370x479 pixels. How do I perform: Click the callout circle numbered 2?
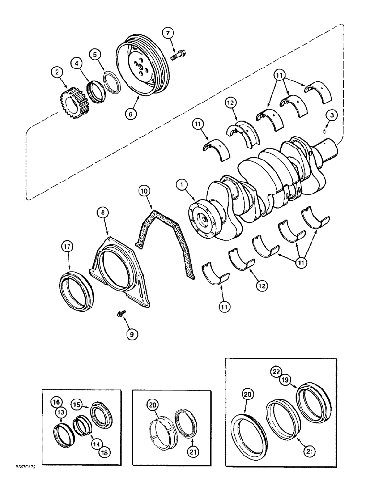coord(58,73)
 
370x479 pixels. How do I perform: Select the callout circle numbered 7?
coord(167,33)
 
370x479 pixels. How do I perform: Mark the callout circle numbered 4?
coord(78,62)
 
